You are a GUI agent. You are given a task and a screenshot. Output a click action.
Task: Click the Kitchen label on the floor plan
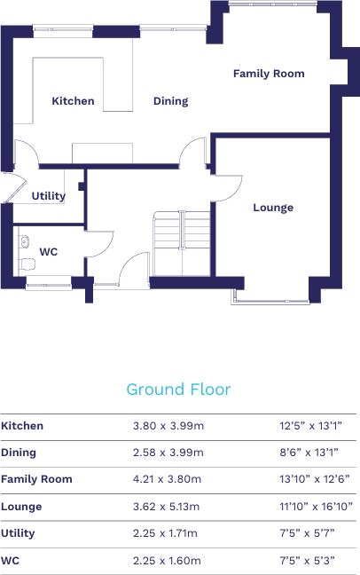pyautogui.click(x=73, y=101)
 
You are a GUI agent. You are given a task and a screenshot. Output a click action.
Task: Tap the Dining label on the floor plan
pyautogui.click(x=170, y=101)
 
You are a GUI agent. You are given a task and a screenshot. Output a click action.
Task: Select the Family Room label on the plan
pyautogui.click(x=269, y=74)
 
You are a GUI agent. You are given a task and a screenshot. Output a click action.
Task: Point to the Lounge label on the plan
pyautogui.click(x=273, y=208)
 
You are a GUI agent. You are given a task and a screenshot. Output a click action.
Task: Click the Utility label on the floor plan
pyautogui.click(x=49, y=196)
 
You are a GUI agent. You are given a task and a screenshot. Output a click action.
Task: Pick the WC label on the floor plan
pyautogui.click(x=49, y=252)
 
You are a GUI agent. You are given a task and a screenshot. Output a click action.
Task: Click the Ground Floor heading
pyautogui.click(x=178, y=390)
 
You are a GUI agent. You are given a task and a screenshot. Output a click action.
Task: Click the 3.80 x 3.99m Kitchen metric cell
pyautogui.click(x=168, y=426)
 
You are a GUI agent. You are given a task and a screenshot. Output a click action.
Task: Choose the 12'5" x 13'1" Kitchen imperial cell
pyautogui.click(x=310, y=426)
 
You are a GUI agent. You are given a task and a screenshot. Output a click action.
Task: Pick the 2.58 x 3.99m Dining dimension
pyautogui.click(x=168, y=453)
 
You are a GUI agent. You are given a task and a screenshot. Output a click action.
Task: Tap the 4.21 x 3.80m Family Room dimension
pyautogui.click(x=168, y=479)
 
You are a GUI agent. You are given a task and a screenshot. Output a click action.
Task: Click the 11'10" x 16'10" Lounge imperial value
pyautogui.click(x=316, y=507)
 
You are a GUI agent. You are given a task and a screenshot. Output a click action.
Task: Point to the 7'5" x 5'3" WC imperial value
pyautogui.click(x=307, y=561)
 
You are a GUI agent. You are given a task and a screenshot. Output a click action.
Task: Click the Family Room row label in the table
pyautogui.click(x=36, y=479)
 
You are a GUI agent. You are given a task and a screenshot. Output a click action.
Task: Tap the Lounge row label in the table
pyautogui.click(x=21, y=507)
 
